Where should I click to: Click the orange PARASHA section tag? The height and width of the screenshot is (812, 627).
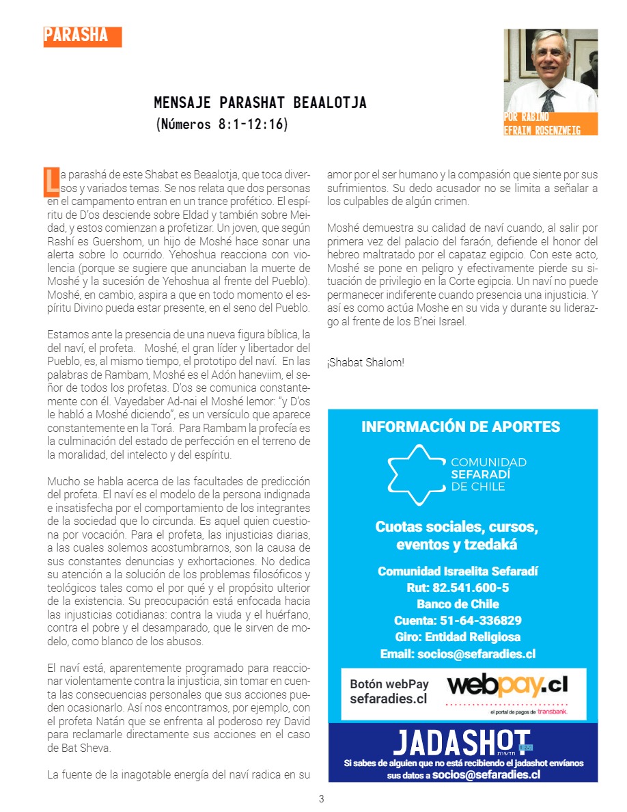pyautogui.click(x=82, y=37)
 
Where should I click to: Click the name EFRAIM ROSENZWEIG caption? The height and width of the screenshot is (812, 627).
pyautogui.click(x=542, y=130)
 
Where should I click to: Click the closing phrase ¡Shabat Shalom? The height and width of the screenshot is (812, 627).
pyautogui.click(x=365, y=362)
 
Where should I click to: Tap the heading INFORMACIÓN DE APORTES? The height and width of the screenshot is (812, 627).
pyautogui.click(x=460, y=427)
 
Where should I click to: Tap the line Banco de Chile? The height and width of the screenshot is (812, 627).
pyautogui.click(x=458, y=604)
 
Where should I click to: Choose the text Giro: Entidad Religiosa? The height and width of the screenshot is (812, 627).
pyautogui.click(x=458, y=637)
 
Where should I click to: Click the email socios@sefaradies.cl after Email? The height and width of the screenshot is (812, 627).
pyautogui.click(x=477, y=654)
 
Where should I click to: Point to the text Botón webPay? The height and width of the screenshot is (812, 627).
pyautogui.click(x=389, y=684)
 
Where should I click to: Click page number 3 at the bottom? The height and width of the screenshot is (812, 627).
pyautogui.click(x=322, y=799)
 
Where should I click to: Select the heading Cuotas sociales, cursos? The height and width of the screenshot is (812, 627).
pyautogui.click(x=457, y=527)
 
